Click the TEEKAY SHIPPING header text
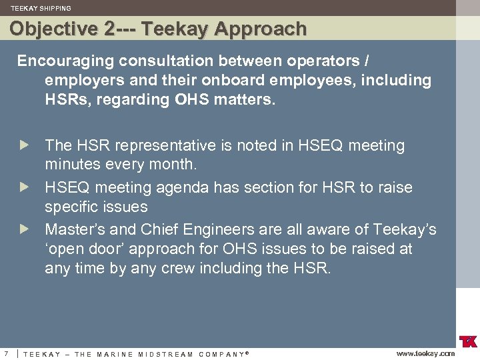41,9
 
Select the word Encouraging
65,61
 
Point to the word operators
323,61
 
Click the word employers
79,81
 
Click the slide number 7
5,353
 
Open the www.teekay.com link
425,353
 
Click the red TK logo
469,340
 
